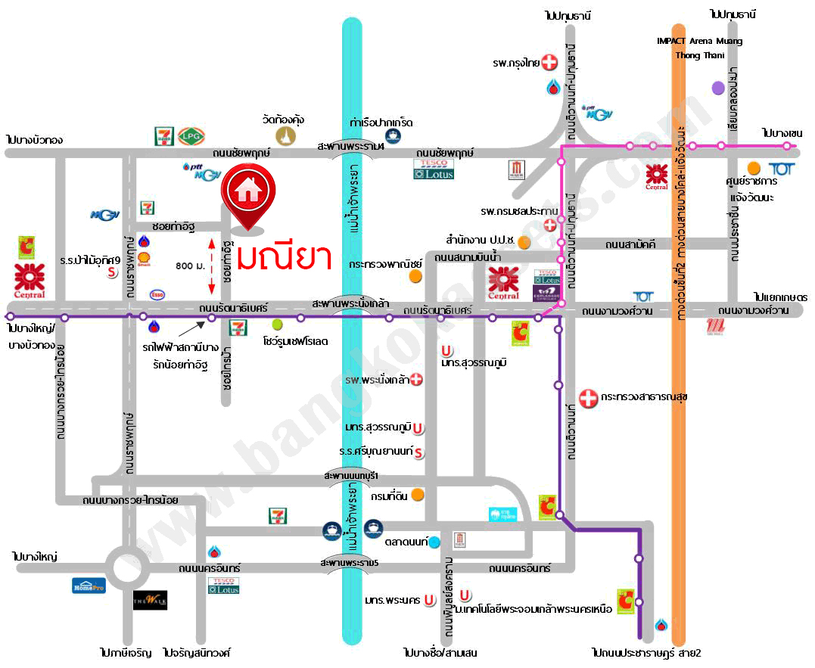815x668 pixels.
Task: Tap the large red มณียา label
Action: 284,256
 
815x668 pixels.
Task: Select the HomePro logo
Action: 89,585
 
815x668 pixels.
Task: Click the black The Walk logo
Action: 150,600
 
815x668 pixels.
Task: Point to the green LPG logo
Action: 188,136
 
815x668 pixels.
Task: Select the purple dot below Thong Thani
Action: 718,88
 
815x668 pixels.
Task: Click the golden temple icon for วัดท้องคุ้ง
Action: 285,135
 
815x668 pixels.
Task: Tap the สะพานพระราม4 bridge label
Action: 351,145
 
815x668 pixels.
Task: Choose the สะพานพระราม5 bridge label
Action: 350,564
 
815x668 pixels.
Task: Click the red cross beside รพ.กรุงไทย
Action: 549,63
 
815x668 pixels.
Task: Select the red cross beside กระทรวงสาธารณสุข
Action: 587,397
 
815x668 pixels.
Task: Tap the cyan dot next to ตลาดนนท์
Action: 434,542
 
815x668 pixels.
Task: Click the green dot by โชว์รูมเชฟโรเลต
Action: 277,325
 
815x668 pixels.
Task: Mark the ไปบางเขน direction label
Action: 781,133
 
